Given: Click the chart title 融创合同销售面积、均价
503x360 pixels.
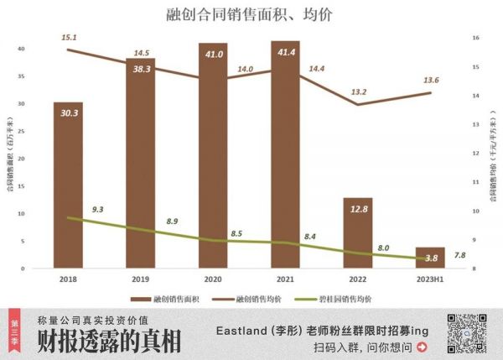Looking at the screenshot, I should pyautogui.click(x=249, y=13).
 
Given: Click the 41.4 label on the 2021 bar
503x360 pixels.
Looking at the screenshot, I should pyautogui.click(x=285, y=53).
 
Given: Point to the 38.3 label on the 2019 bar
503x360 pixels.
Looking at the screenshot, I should pyautogui.click(x=140, y=70).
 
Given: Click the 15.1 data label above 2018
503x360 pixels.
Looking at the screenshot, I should pyautogui.click(x=69, y=38).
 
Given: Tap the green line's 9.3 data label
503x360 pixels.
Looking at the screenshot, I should pyautogui.click(x=98, y=208).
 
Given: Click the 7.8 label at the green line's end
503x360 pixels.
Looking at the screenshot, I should pyautogui.click(x=459, y=255).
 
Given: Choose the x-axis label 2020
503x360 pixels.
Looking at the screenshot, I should pyautogui.click(x=212, y=279).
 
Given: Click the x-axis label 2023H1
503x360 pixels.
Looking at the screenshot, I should pyautogui.click(x=429, y=279).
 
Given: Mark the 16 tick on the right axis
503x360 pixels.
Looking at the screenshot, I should pyautogui.click(x=475, y=38).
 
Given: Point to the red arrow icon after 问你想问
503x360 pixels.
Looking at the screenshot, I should pyautogui.click(x=422, y=347).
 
